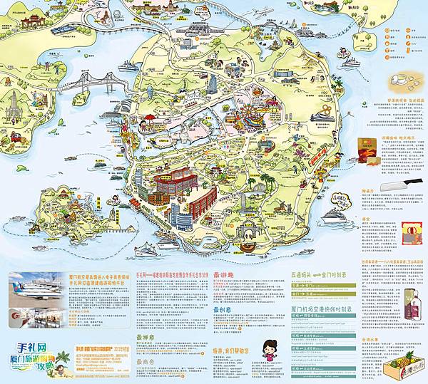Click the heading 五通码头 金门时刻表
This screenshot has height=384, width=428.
click(x=321, y=274)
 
